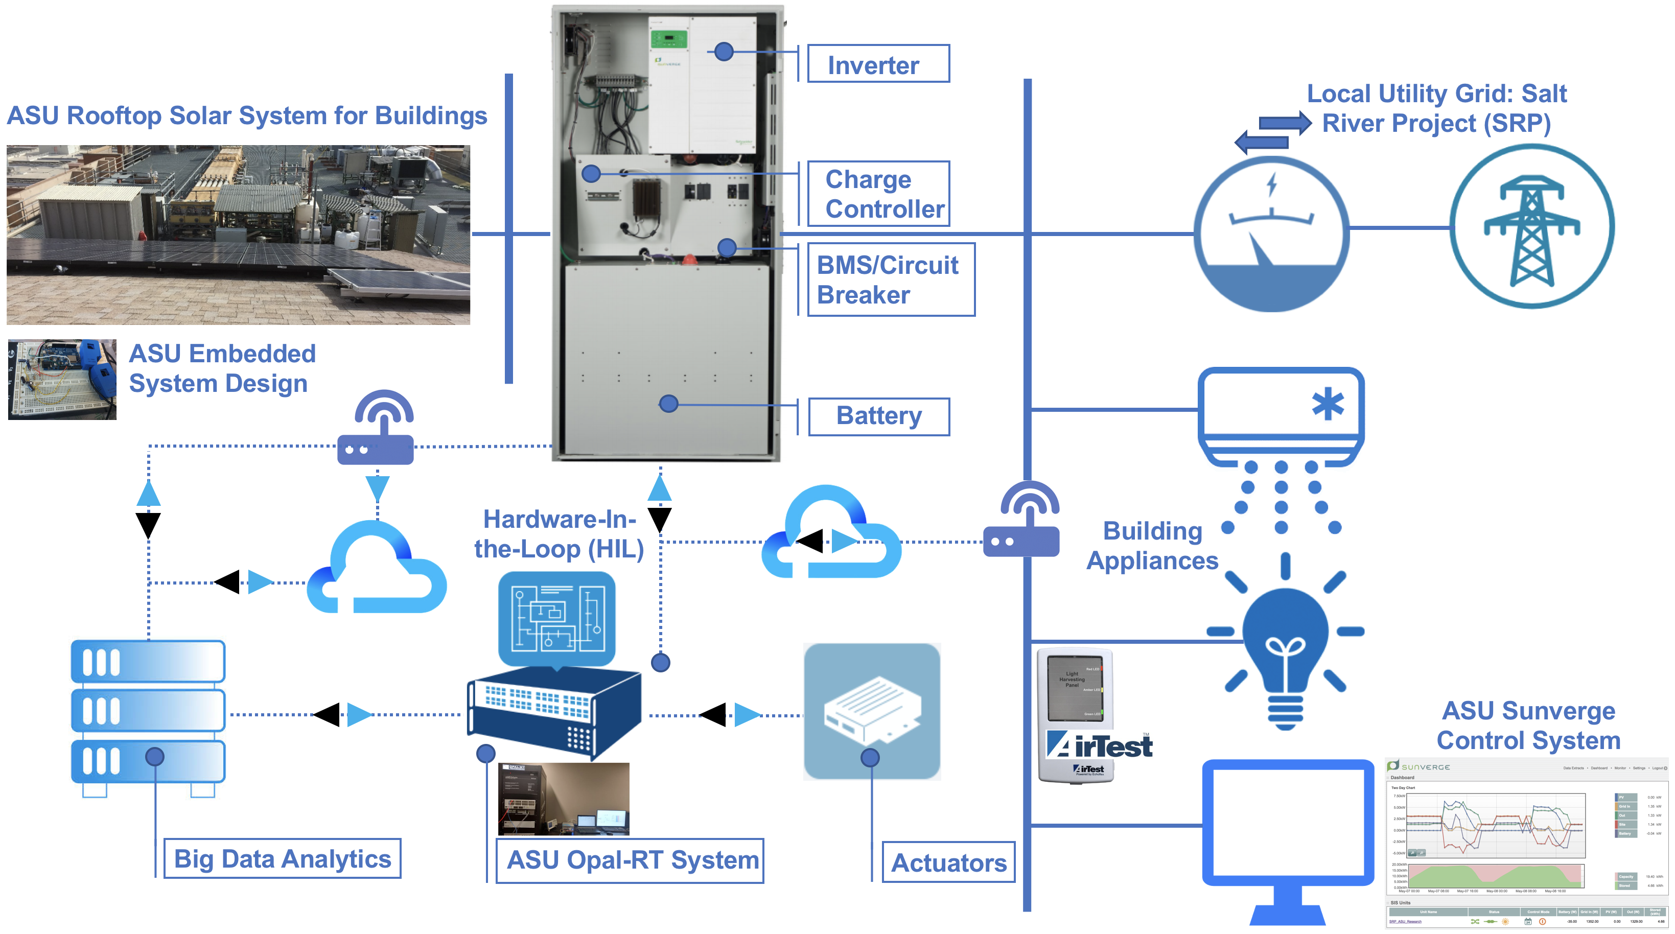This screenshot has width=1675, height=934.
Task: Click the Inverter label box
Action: click(x=878, y=64)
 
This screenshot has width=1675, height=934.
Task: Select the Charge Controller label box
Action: click(x=878, y=194)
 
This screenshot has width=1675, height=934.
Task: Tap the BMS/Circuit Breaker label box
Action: click(x=890, y=279)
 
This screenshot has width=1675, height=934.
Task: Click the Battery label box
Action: click(x=878, y=416)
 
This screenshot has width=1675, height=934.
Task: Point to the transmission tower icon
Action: click(x=1531, y=227)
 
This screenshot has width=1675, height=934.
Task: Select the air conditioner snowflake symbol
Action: click(x=1327, y=404)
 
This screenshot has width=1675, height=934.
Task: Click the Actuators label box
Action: click(x=948, y=862)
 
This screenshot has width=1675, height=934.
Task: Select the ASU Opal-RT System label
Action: click(x=630, y=860)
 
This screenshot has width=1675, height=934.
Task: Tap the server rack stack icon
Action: click(x=148, y=715)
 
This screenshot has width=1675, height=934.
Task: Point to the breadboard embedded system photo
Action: click(x=62, y=379)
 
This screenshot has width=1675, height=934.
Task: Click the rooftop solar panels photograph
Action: click(x=238, y=234)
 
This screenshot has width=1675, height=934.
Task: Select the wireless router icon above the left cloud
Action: click(x=376, y=429)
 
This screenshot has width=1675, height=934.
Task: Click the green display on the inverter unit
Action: click(x=669, y=38)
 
